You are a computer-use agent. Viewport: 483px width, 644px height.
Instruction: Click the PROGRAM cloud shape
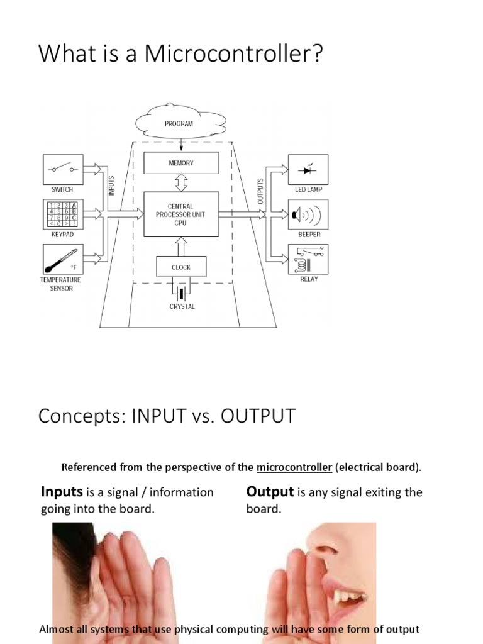180,124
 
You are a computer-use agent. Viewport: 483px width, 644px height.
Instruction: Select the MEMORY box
181,163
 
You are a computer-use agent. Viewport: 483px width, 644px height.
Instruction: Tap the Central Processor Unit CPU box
181,214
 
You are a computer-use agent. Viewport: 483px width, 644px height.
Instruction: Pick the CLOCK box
181,267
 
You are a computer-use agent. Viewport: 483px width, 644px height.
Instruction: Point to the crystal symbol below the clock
182,293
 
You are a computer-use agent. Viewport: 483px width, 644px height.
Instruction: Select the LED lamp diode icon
308,169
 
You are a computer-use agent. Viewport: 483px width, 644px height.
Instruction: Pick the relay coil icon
308,258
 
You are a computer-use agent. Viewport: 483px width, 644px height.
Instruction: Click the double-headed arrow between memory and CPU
181,183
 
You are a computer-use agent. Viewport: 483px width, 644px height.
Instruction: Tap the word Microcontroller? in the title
234,55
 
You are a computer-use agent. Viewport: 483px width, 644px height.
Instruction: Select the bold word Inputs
62,492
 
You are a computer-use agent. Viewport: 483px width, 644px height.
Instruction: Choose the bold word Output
270,492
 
